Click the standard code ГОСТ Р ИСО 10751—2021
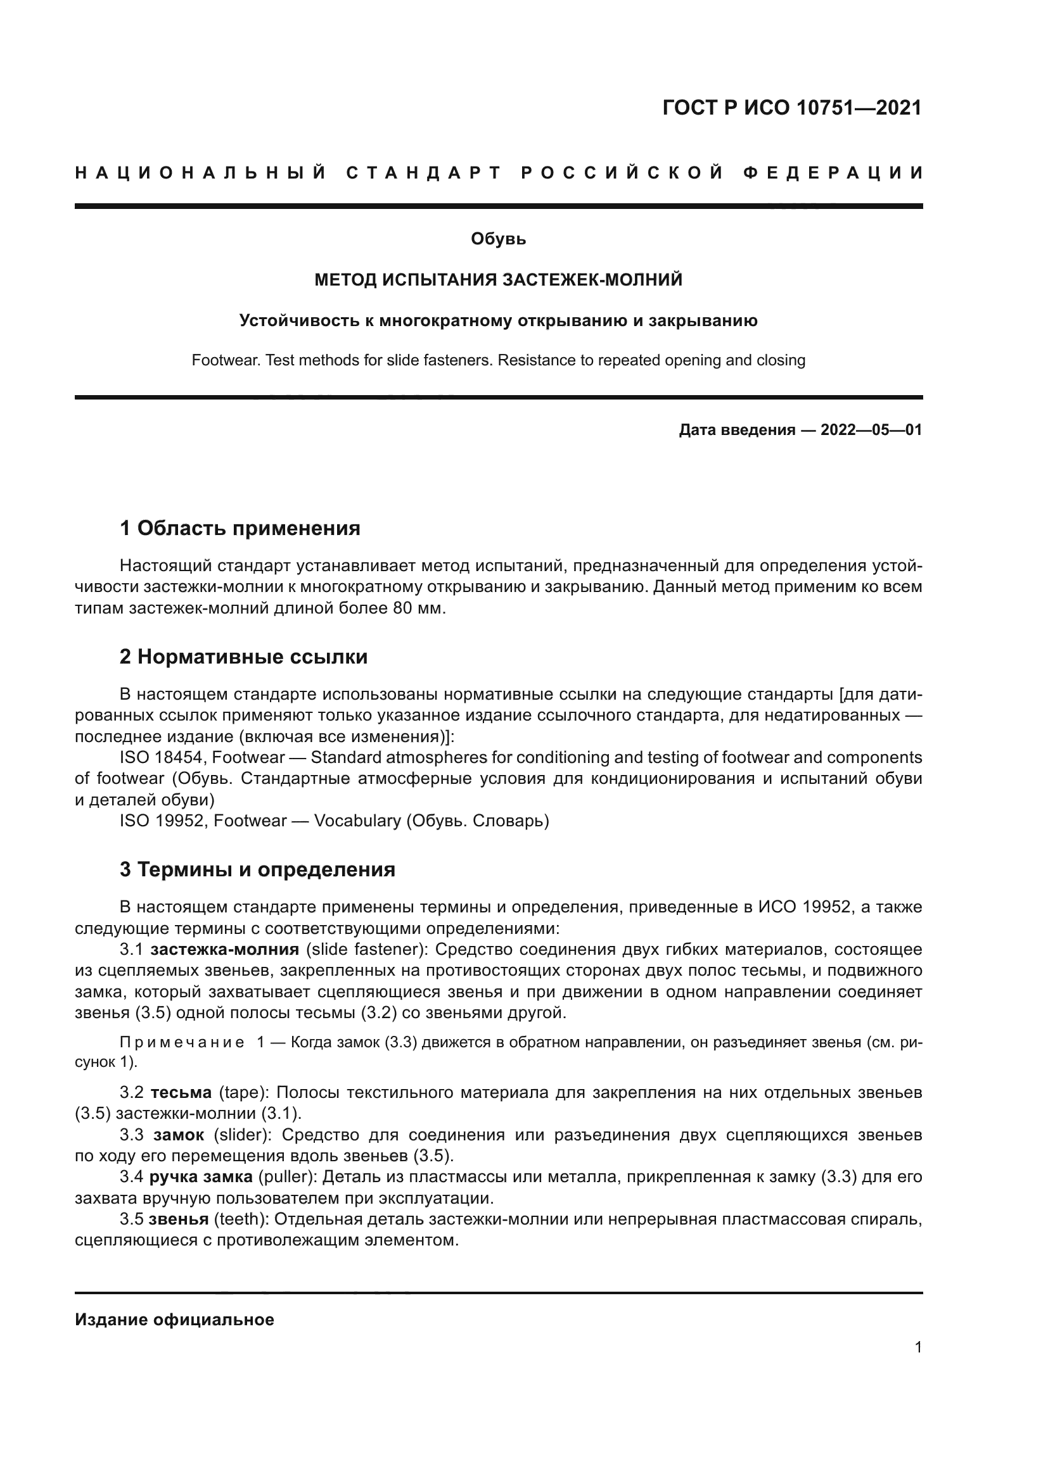pyautogui.click(x=792, y=108)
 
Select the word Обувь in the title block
pyautogui.click(x=498, y=239)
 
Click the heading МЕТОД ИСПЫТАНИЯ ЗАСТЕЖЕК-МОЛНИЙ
pyautogui.click(x=498, y=280)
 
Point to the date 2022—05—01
pyautogui.click(x=871, y=430)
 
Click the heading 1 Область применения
pyautogui.click(x=240, y=528)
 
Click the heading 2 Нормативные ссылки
pyautogui.click(x=243, y=657)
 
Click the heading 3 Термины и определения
pyautogui.click(x=257, y=869)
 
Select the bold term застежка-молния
pyautogui.click(x=224, y=950)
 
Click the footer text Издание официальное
pyautogui.click(x=174, y=1320)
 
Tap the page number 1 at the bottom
pyautogui.click(x=917, y=1347)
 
